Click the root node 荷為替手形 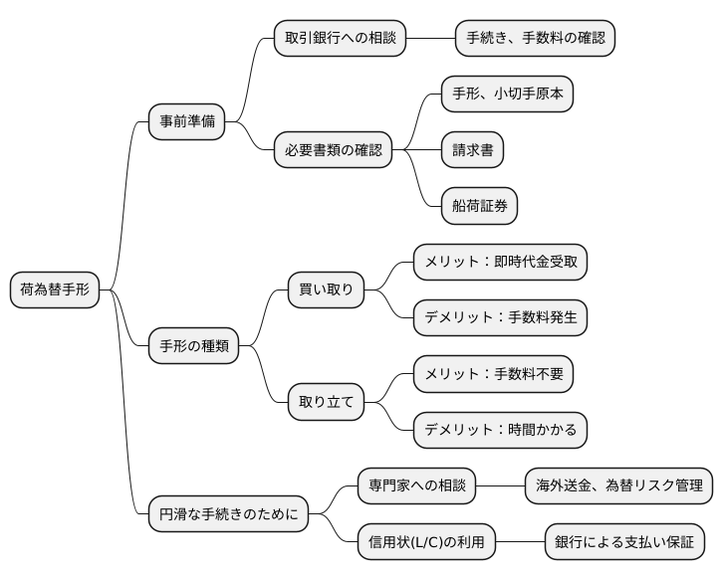click(55, 290)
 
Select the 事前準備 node click(186, 122)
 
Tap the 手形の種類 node click(194, 346)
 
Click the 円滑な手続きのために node click(228, 515)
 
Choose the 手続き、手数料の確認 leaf click(535, 39)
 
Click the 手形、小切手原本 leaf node click(508, 95)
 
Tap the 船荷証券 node click(480, 206)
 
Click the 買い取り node click(326, 290)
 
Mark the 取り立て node click(326, 403)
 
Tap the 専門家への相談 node click(417, 487)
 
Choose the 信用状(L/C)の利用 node click(425, 543)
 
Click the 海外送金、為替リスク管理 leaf click(618, 487)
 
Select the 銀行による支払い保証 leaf click(625, 543)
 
